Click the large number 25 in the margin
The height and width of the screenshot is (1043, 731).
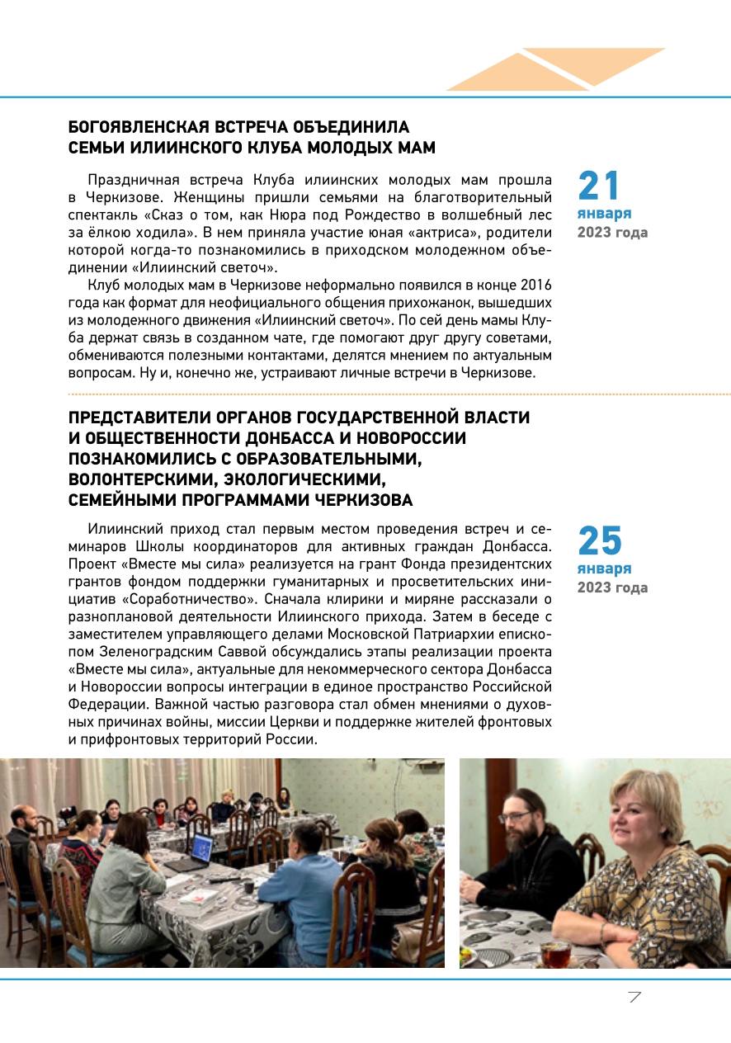click(x=600, y=541)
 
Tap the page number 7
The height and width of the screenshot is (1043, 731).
click(x=634, y=997)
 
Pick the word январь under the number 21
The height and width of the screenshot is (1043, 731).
click(x=604, y=215)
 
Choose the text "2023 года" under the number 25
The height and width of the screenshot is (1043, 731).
click(x=612, y=588)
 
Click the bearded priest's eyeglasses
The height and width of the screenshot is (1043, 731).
click(x=517, y=815)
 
